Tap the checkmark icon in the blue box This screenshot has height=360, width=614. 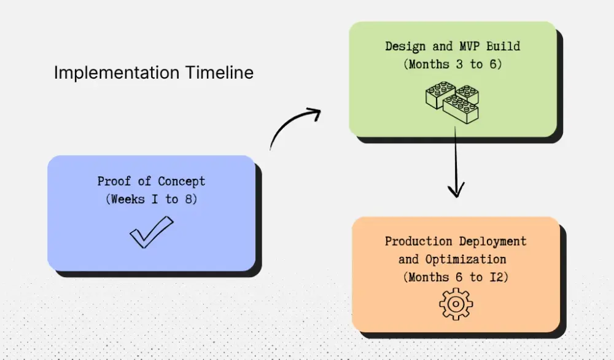tap(151, 232)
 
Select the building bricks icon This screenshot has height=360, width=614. tap(452, 101)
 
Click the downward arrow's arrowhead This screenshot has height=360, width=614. tap(455, 190)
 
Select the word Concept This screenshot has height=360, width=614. tap(182, 181)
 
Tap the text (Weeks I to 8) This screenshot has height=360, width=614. tap(151, 199)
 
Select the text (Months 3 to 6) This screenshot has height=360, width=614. tap(453, 64)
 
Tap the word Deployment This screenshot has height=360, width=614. tap(492, 241)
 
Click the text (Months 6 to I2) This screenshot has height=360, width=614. tap(456, 277)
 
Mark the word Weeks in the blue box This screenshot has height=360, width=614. tap(127, 199)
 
